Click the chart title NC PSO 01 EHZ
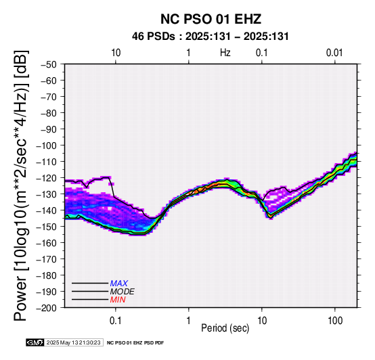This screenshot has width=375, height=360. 211,19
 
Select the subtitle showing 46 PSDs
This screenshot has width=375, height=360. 211,37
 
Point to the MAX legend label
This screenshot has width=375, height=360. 119,284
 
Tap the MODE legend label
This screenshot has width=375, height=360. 123,292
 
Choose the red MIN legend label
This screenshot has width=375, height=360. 118,300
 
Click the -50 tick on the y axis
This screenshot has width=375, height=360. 49,64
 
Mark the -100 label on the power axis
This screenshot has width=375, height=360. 47,145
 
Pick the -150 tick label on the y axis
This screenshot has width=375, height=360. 47,227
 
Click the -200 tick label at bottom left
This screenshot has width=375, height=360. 47,308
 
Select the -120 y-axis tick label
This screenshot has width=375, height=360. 47,178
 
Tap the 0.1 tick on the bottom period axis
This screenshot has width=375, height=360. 116,320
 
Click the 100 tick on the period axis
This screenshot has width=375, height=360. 335,320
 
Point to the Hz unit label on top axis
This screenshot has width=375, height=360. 225,53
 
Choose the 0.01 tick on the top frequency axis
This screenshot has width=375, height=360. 334,53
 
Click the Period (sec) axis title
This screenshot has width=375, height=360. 225,328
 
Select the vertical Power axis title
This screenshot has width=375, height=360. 20,185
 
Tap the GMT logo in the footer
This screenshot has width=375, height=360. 35,342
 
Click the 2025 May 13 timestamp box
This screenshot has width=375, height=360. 74,342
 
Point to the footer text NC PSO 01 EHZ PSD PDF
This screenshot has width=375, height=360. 135,343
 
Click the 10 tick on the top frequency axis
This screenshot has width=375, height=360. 116,53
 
